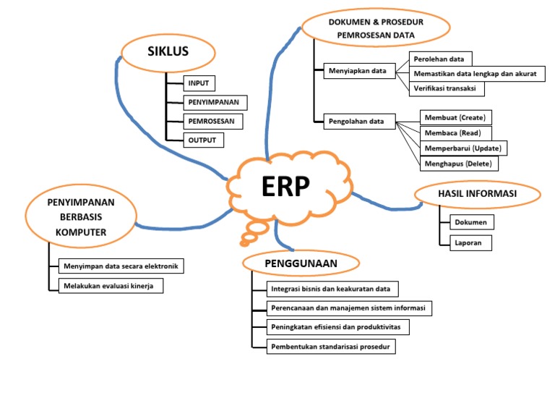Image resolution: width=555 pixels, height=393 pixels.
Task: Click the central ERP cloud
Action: (x=285, y=187)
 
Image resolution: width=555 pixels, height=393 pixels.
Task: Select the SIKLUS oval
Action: (x=168, y=51)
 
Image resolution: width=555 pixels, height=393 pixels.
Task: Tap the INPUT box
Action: (x=198, y=83)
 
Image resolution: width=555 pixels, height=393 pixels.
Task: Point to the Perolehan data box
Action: (x=441, y=59)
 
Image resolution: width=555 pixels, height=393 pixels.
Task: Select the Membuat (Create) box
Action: (x=455, y=117)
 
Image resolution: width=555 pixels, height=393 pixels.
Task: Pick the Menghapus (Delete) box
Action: (x=458, y=163)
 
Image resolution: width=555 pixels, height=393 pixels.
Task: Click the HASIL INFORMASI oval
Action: (x=477, y=193)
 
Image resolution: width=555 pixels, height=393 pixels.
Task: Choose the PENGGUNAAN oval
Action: (x=301, y=263)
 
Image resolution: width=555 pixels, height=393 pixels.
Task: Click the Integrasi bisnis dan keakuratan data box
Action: (x=330, y=290)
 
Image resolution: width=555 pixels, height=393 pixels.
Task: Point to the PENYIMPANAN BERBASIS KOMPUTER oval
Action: (x=81, y=216)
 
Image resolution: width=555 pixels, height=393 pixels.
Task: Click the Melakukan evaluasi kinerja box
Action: (x=110, y=286)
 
